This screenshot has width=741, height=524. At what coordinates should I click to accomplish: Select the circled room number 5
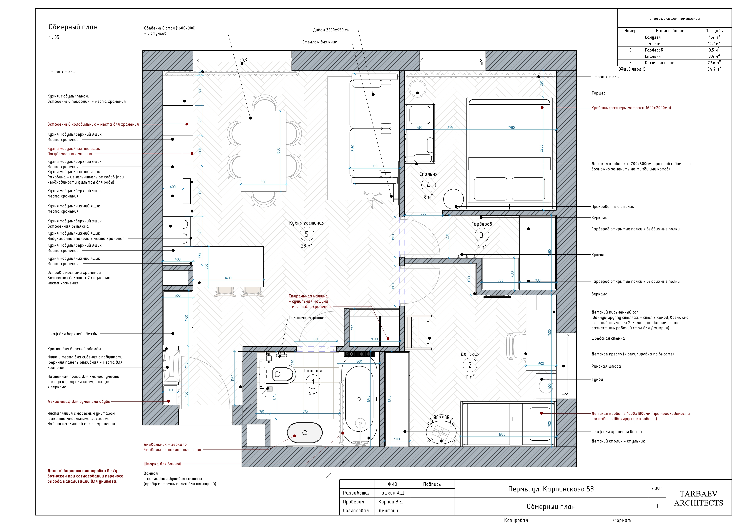(307, 234)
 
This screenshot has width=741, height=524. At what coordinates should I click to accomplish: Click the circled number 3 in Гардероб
(481, 235)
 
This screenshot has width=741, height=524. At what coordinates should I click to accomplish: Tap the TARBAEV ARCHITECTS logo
(698, 498)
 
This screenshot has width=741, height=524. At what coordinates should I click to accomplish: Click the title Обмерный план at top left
(73, 27)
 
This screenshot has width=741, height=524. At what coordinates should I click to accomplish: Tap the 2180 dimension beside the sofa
(353, 149)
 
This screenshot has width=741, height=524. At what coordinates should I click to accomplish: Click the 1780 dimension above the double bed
(511, 127)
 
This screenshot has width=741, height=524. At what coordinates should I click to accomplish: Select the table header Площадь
(714, 31)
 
